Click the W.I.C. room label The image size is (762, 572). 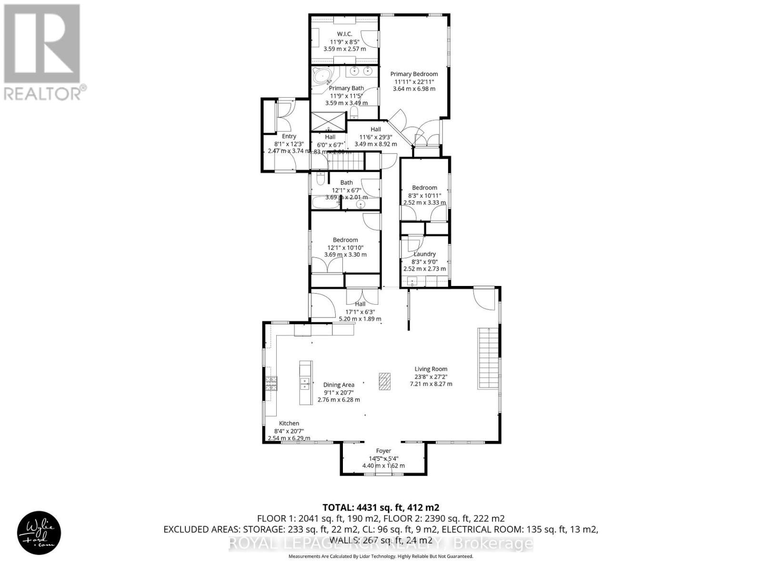344,34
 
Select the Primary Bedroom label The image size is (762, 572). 414,74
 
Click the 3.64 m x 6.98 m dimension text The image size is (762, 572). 414,89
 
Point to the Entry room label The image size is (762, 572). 289,136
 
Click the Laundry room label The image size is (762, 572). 424,254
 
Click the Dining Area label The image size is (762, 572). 339,385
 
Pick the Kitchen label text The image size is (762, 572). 289,423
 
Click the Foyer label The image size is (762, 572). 383,450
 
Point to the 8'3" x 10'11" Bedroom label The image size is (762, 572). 424,188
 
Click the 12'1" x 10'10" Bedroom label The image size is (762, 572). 345,240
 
